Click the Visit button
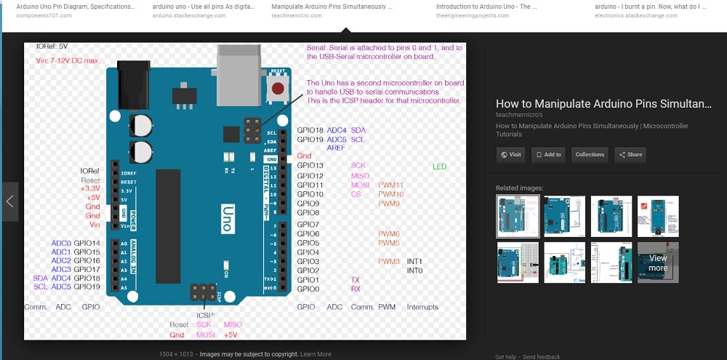coord(511,155)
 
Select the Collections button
coord(589,155)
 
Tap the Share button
coord(630,155)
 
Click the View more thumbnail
coord(658,263)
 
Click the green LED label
coord(440,167)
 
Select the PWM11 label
coord(390,185)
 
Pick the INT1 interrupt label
coord(414,261)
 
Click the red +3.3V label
coord(90,188)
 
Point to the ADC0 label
coord(61,243)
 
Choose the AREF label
coord(336,148)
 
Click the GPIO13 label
coord(310,166)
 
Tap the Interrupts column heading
coord(422,307)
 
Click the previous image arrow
coord(9,201)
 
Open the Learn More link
coord(316,354)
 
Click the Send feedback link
coord(541,357)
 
